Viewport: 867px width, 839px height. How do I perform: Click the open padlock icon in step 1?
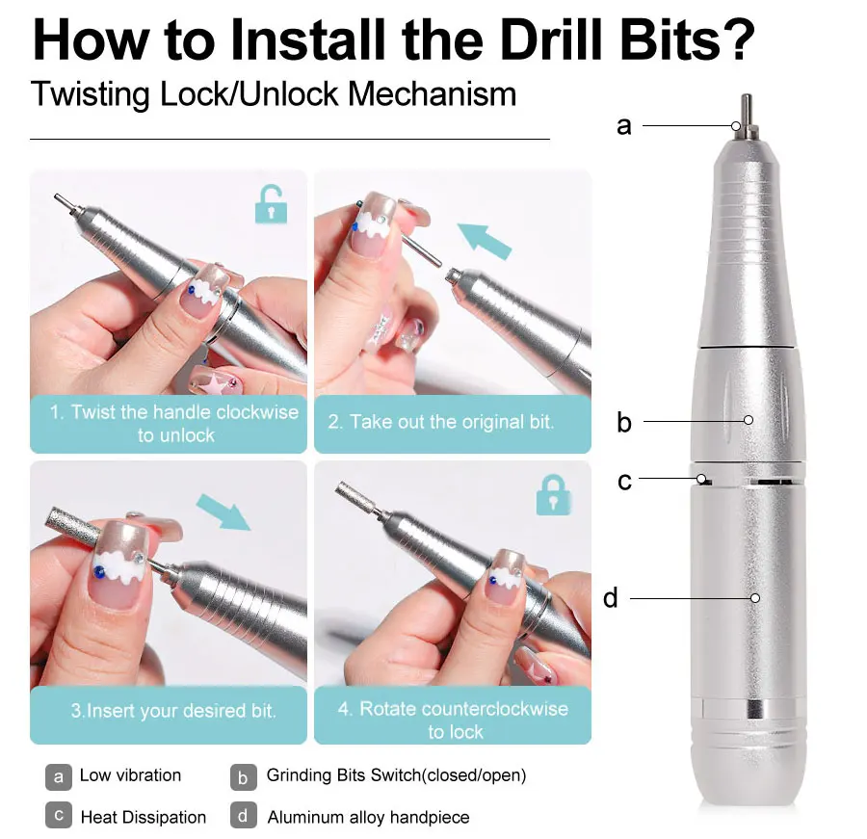[271, 204]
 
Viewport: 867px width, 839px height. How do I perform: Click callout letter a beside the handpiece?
[623, 125]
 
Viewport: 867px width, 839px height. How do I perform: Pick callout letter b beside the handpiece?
[623, 421]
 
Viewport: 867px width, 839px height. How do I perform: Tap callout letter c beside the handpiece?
[623, 480]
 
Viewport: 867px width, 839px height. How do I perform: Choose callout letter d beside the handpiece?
[610, 598]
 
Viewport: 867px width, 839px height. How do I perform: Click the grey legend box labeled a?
[59, 776]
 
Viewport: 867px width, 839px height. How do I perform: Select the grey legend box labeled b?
[244, 776]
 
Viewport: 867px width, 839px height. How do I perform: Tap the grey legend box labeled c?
[59, 816]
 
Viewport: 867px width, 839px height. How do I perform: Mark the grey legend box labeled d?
[244, 816]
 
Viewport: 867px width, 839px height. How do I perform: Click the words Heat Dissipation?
[143, 817]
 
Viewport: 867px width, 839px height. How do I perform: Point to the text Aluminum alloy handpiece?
[368, 817]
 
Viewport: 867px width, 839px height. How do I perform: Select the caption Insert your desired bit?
[173, 712]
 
